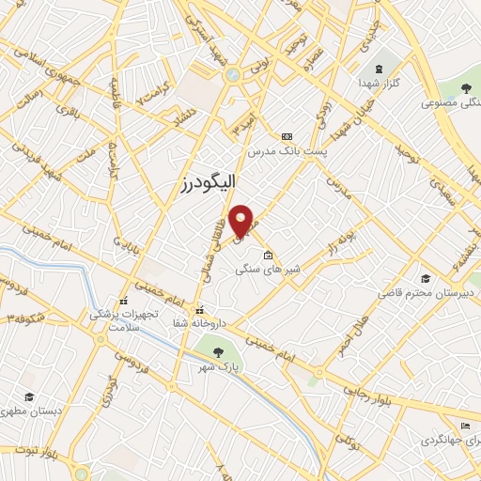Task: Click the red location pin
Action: [x=243, y=220]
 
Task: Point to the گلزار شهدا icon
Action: [x=378, y=70]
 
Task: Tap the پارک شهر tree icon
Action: [x=218, y=351]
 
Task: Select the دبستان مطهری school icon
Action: [x=30, y=397]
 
